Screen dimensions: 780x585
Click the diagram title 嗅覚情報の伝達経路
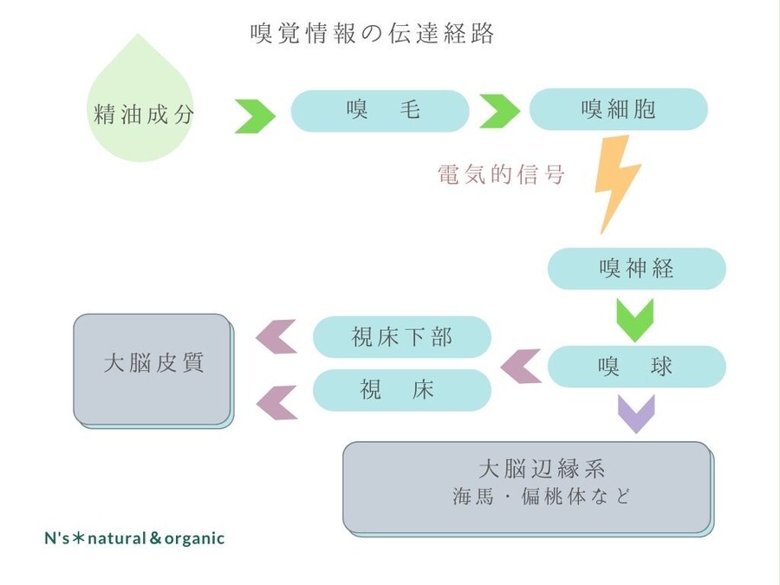(x=372, y=33)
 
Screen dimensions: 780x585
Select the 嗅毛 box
(x=380, y=110)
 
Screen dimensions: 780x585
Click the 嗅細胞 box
(x=618, y=109)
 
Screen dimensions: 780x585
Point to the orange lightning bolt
(x=617, y=182)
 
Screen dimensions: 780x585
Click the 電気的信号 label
(x=501, y=174)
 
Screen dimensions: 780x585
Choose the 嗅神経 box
(x=637, y=269)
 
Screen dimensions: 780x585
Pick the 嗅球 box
(x=637, y=367)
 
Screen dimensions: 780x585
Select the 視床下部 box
(x=402, y=337)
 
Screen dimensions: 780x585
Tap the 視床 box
(x=402, y=390)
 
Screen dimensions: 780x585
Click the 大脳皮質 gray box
(x=153, y=371)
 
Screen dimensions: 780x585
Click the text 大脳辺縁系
(x=541, y=469)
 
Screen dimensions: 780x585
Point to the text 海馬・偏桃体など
(x=541, y=497)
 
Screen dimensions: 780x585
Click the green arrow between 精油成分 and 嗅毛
(x=255, y=116)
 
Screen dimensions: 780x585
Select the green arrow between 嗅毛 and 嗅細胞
(x=500, y=111)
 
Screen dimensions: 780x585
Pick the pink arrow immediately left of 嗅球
(x=521, y=367)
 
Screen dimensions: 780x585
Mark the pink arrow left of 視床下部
(x=276, y=337)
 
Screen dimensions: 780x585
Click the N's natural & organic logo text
(x=134, y=538)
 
